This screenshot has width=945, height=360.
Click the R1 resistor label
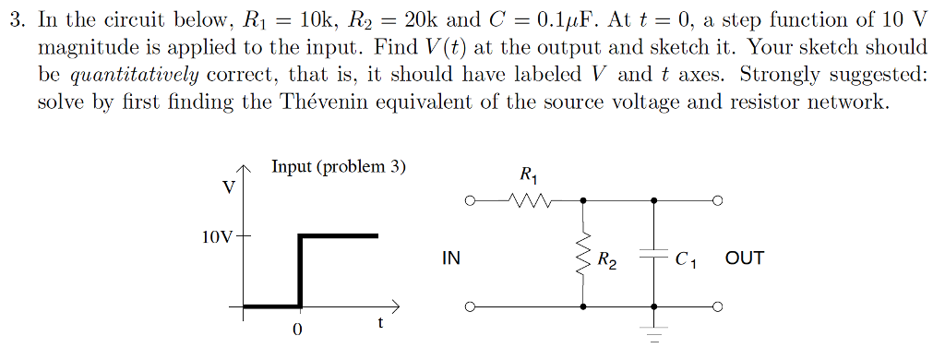click(527, 174)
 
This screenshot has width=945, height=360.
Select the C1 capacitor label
click(686, 260)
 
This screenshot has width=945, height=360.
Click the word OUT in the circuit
click(744, 258)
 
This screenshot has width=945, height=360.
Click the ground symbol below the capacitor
click(654, 334)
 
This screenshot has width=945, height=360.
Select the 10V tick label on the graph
click(217, 236)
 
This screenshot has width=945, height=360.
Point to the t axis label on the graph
click(380, 323)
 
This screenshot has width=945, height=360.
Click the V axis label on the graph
click(228, 187)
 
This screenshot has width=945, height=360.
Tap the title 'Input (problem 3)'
click(338, 167)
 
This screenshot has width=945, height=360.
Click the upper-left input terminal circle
click(471, 198)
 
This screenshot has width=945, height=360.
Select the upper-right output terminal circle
click(716, 198)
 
